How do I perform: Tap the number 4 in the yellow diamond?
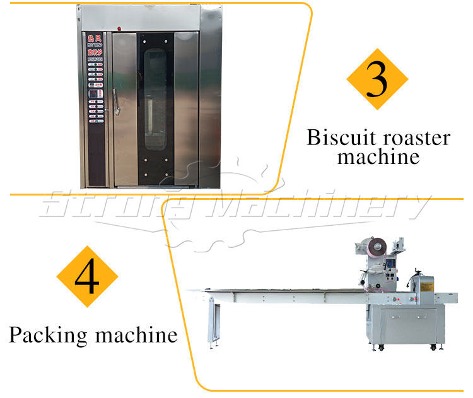(x=87, y=278)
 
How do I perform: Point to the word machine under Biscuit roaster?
(x=378, y=156)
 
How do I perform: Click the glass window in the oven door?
(x=155, y=98)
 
